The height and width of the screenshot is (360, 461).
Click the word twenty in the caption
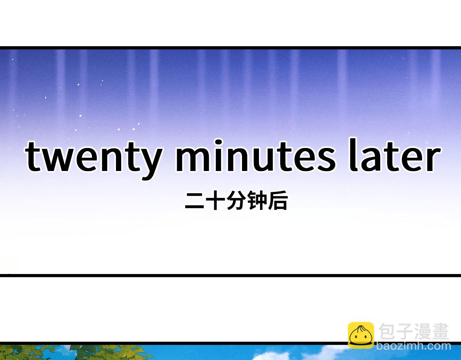coord(93,159)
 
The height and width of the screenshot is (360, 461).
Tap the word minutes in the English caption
coord(255,156)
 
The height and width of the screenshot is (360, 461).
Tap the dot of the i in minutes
coord(219,142)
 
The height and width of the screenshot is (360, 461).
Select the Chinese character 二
coord(194,201)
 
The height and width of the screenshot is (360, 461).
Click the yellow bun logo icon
coord(361,335)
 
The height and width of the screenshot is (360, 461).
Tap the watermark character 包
coord(387,331)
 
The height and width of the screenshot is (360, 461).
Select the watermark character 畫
coord(440,331)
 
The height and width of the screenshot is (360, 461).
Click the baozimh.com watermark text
coord(414,346)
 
